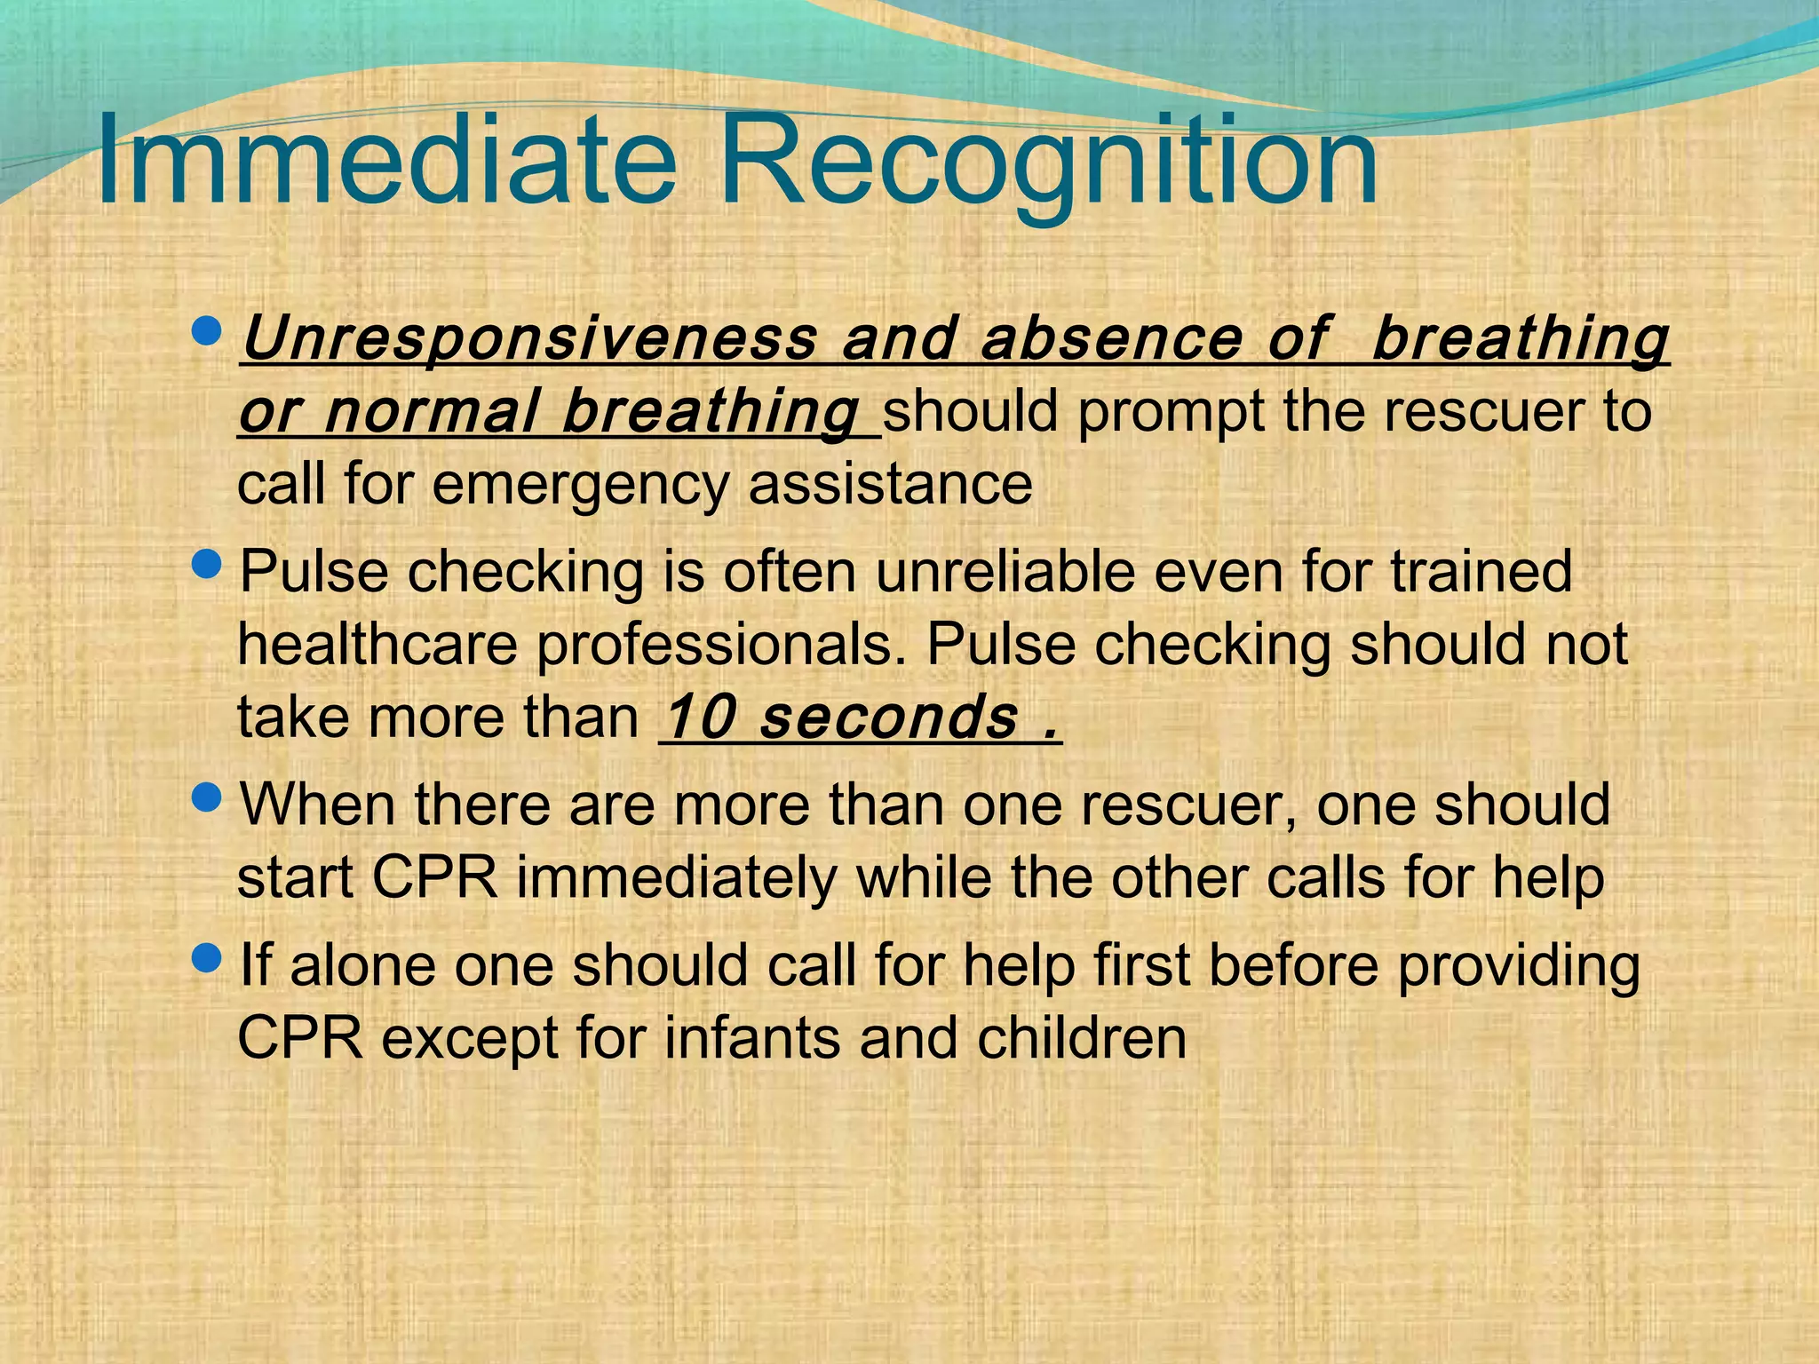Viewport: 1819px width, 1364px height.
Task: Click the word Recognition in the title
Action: (x=1048, y=160)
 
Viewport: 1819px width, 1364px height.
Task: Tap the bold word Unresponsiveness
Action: (x=528, y=339)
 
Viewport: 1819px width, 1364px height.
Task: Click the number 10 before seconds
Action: (x=699, y=718)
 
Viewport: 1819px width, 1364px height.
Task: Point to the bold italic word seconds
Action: (x=888, y=718)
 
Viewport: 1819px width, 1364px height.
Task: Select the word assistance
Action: (x=890, y=484)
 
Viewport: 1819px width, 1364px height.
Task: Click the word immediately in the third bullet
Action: (x=677, y=878)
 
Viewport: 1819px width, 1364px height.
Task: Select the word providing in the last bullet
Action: (x=1519, y=966)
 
